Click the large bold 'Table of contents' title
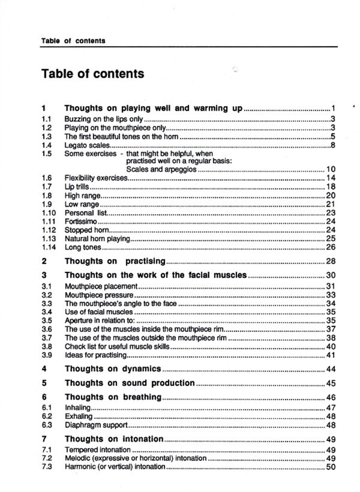(x=92, y=74)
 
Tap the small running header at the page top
(x=73, y=41)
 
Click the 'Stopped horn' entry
(x=87, y=230)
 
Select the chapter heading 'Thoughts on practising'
(x=115, y=261)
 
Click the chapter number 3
(x=44, y=275)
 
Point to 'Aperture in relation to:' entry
(x=100, y=320)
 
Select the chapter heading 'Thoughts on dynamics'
(x=113, y=368)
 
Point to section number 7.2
(x=46, y=458)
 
